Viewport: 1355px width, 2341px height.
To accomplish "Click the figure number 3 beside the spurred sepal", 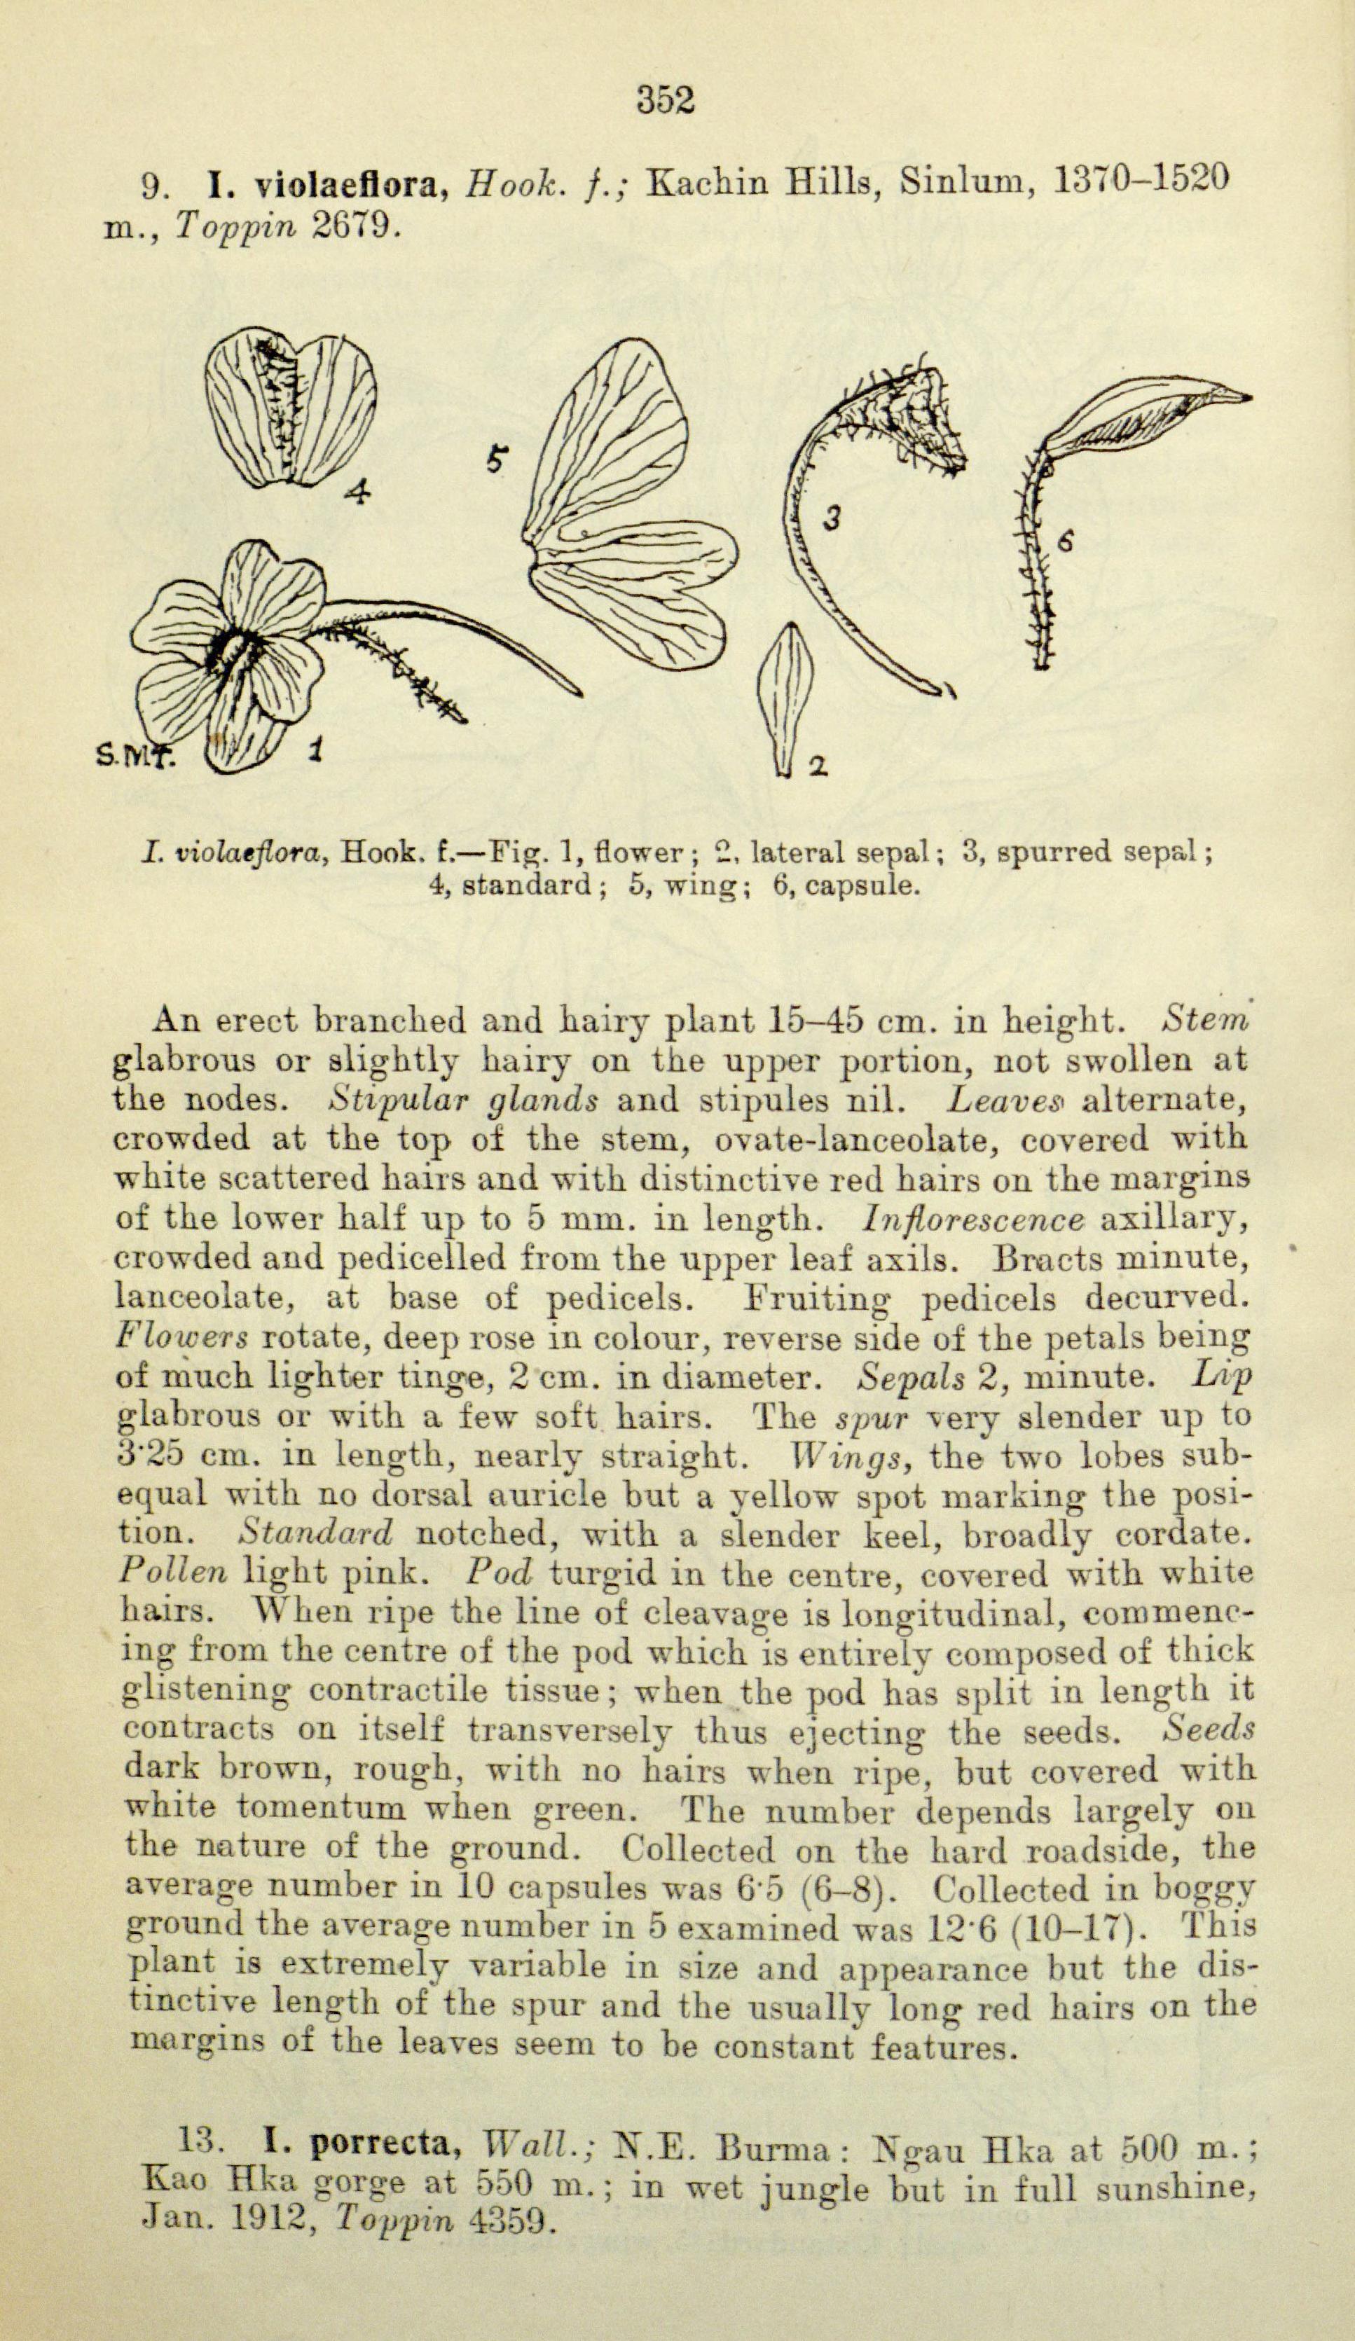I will [x=833, y=518].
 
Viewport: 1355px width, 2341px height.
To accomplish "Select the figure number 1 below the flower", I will [x=317, y=748].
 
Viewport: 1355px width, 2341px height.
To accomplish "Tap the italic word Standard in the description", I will [x=316, y=1532].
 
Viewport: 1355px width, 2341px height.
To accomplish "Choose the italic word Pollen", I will [x=174, y=1572].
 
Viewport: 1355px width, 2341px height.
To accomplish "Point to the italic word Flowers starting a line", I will [x=183, y=1338].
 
